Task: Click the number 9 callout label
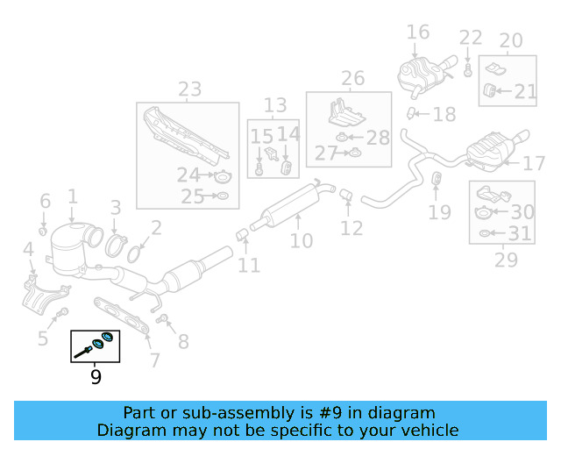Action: click(x=96, y=378)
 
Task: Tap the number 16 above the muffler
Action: click(x=418, y=32)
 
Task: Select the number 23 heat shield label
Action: click(x=189, y=89)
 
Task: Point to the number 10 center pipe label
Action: click(x=301, y=240)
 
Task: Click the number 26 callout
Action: click(x=352, y=79)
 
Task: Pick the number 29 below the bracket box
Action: click(x=506, y=260)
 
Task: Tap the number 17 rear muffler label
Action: click(x=534, y=164)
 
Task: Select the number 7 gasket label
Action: click(x=154, y=360)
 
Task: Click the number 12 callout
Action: click(x=352, y=228)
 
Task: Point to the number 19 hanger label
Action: click(x=439, y=211)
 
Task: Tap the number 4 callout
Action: click(x=29, y=251)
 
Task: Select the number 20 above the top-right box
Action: click(x=510, y=40)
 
